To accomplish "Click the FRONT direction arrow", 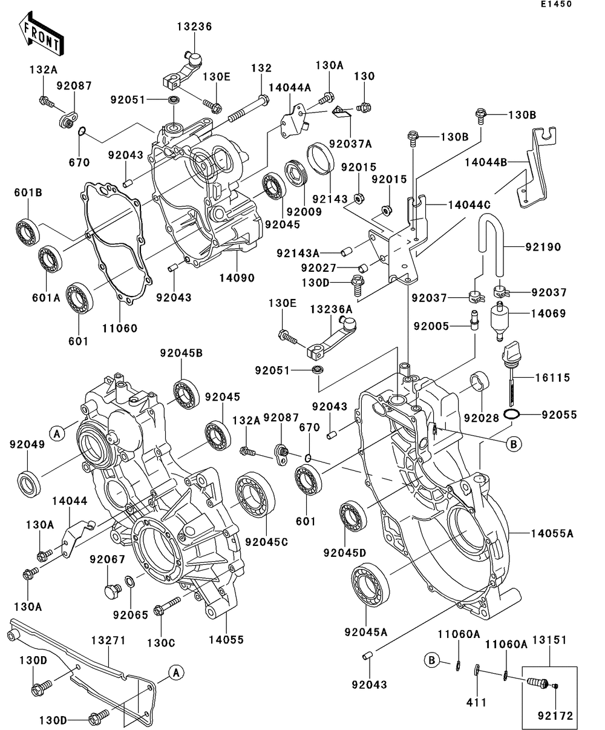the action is click(41, 34).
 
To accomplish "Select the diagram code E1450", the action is click(556, 4).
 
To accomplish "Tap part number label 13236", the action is click(194, 27).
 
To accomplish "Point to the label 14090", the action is click(237, 278).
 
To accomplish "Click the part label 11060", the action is click(120, 328).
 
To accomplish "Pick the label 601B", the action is click(28, 192).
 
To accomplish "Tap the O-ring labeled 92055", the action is click(512, 415).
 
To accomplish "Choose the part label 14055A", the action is click(552, 533).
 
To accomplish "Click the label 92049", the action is click(27, 444).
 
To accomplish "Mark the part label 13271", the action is click(108, 640).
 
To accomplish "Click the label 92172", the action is click(556, 716).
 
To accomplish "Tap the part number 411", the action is click(476, 702).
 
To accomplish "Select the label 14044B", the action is click(486, 162).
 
